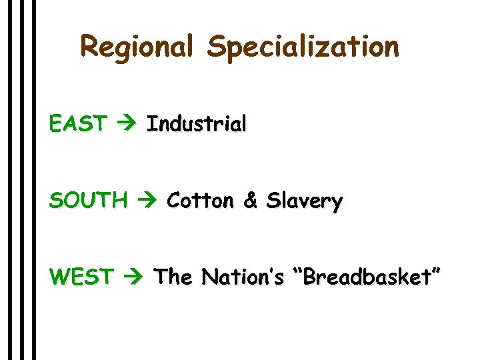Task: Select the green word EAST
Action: point(77,124)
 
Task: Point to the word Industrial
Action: point(197,124)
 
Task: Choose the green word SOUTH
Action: point(88,201)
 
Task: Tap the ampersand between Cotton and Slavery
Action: point(251,201)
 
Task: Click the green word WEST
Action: point(81,277)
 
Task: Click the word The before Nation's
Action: point(174,277)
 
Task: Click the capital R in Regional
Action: point(89,47)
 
